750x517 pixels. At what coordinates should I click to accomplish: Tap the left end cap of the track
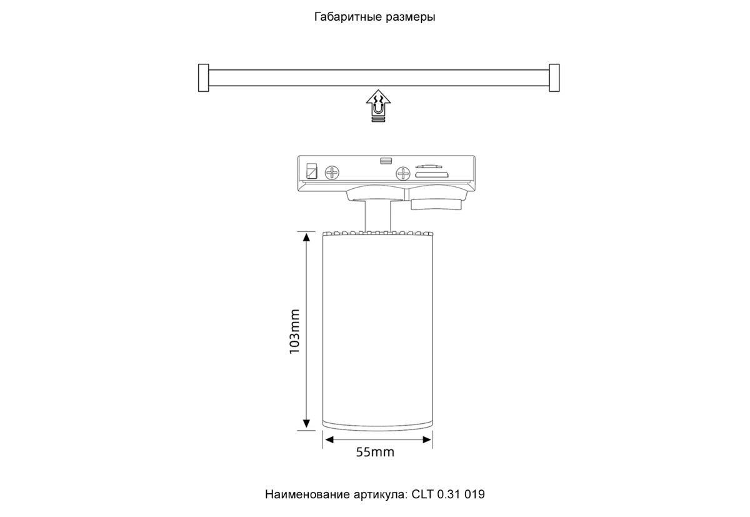tap(202, 78)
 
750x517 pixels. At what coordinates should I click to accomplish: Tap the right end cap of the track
tap(554, 78)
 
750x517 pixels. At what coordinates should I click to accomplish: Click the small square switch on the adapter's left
tap(311, 170)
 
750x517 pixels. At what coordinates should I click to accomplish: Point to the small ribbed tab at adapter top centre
tap(385, 161)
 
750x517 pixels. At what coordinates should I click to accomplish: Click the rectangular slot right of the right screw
tap(427, 175)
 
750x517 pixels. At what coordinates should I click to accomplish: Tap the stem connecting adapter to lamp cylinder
tap(377, 216)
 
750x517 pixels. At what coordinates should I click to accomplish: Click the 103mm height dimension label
tap(295, 331)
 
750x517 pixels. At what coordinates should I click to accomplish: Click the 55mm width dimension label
tap(375, 452)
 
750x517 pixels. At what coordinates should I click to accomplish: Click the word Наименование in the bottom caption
tap(302, 494)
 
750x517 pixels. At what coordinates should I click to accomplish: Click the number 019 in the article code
tap(474, 494)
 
